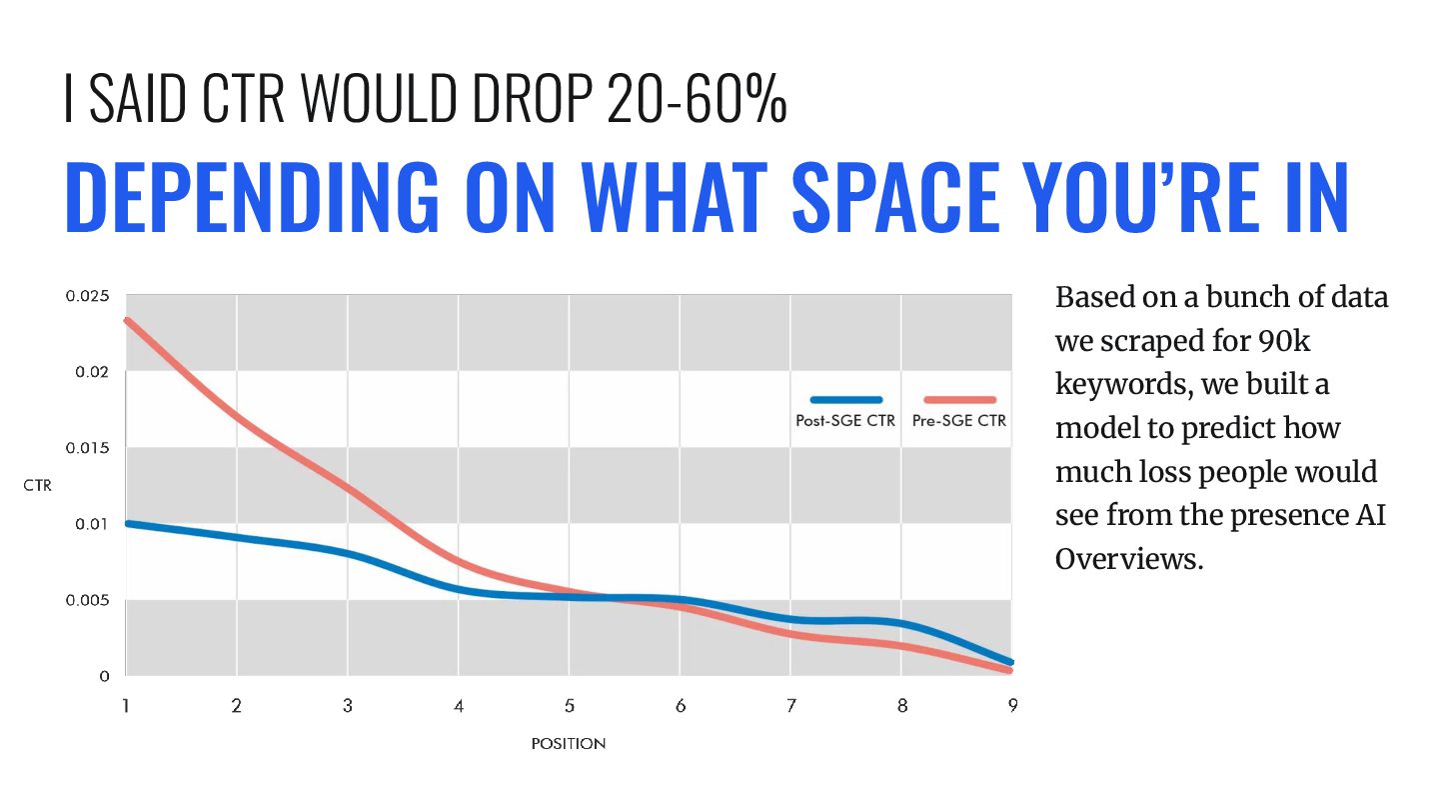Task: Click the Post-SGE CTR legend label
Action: coord(845,421)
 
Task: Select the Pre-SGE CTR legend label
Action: coord(958,421)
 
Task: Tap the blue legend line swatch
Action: coord(845,400)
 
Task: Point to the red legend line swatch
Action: coord(960,400)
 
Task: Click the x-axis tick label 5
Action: coord(569,706)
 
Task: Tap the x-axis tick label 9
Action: coord(1012,706)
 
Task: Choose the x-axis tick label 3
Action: coord(347,706)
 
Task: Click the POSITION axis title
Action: coord(569,744)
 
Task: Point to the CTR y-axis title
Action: coord(37,486)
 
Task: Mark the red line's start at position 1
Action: coord(127,320)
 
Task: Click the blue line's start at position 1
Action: coord(127,523)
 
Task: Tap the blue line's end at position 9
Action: coord(1011,662)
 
